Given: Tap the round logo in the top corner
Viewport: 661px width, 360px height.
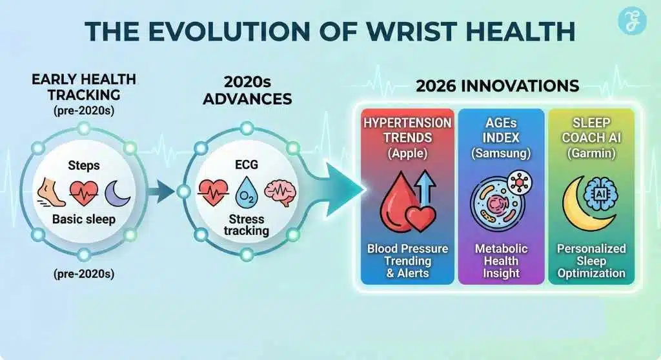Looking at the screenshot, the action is [632, 21].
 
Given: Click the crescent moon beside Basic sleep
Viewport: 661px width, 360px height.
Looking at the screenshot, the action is [117, 193].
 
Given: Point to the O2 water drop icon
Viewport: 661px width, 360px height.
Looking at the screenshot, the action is [247, 193].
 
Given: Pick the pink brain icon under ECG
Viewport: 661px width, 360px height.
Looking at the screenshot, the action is [280, 193].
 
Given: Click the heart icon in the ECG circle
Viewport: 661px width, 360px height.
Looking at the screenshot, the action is [213, 193].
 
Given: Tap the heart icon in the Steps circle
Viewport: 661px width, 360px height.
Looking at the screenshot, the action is [84, 193].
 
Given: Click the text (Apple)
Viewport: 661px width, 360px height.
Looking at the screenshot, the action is [408, 153].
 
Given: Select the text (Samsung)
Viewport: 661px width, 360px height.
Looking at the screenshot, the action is [501, 153].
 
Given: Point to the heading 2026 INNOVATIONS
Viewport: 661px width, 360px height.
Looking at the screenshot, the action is [498, 86].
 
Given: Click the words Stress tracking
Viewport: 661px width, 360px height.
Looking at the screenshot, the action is [247, 225].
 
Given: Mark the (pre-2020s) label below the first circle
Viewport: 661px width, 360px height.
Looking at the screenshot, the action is [84, 274].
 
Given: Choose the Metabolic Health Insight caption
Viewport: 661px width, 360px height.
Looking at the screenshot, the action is [501, 261].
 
